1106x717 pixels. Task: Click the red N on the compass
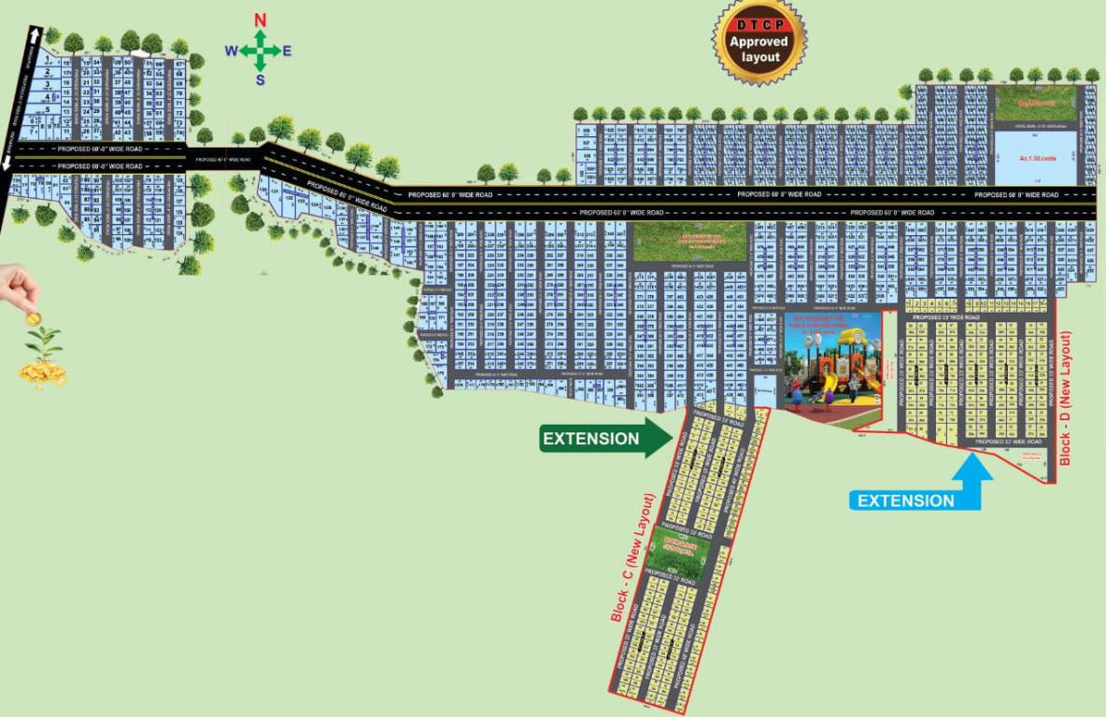click(x=261, y=20)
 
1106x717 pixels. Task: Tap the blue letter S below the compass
click(x=261, y=79)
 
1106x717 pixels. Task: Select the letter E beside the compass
click(x=287, y=50)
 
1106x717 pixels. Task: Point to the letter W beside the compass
click(x=231, y=50)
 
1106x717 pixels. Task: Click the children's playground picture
click(x=832, y=360)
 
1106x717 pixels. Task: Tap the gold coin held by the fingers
click(x=33, y=318)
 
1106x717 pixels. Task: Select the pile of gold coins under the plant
click(x=43, y=373)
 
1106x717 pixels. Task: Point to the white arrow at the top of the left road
click(x=35, y=35)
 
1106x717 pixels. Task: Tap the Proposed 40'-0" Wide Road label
click(x=224, y=160)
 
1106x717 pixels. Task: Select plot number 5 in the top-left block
click(x=47, y=109)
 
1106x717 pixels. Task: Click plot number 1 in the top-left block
click(x=47, y=59)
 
